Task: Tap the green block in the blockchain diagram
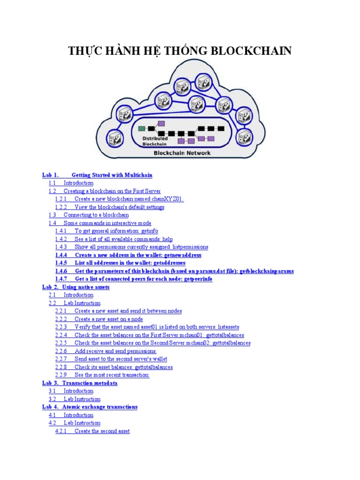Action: click(142, 128)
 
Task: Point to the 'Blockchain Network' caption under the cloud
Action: click(182, 153)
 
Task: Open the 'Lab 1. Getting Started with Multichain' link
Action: click(97, 175)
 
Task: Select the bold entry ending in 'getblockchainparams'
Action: click(174, 271)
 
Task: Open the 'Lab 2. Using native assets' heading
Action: click(76, 287)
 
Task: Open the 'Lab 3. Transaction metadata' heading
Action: click(80, 383)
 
